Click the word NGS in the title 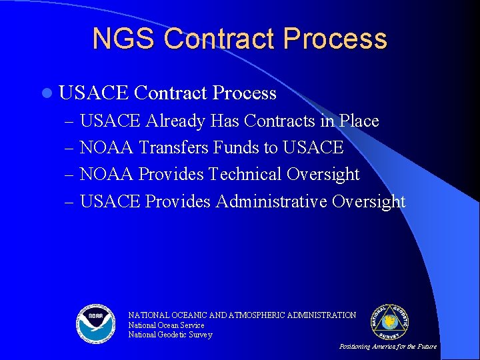[123, 39]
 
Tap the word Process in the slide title [335, 39]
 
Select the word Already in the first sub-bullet [175, 121]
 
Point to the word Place [359, 121]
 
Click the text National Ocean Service [166, 325]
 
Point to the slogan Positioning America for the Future [388, 347]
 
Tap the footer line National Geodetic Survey [170, 335]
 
